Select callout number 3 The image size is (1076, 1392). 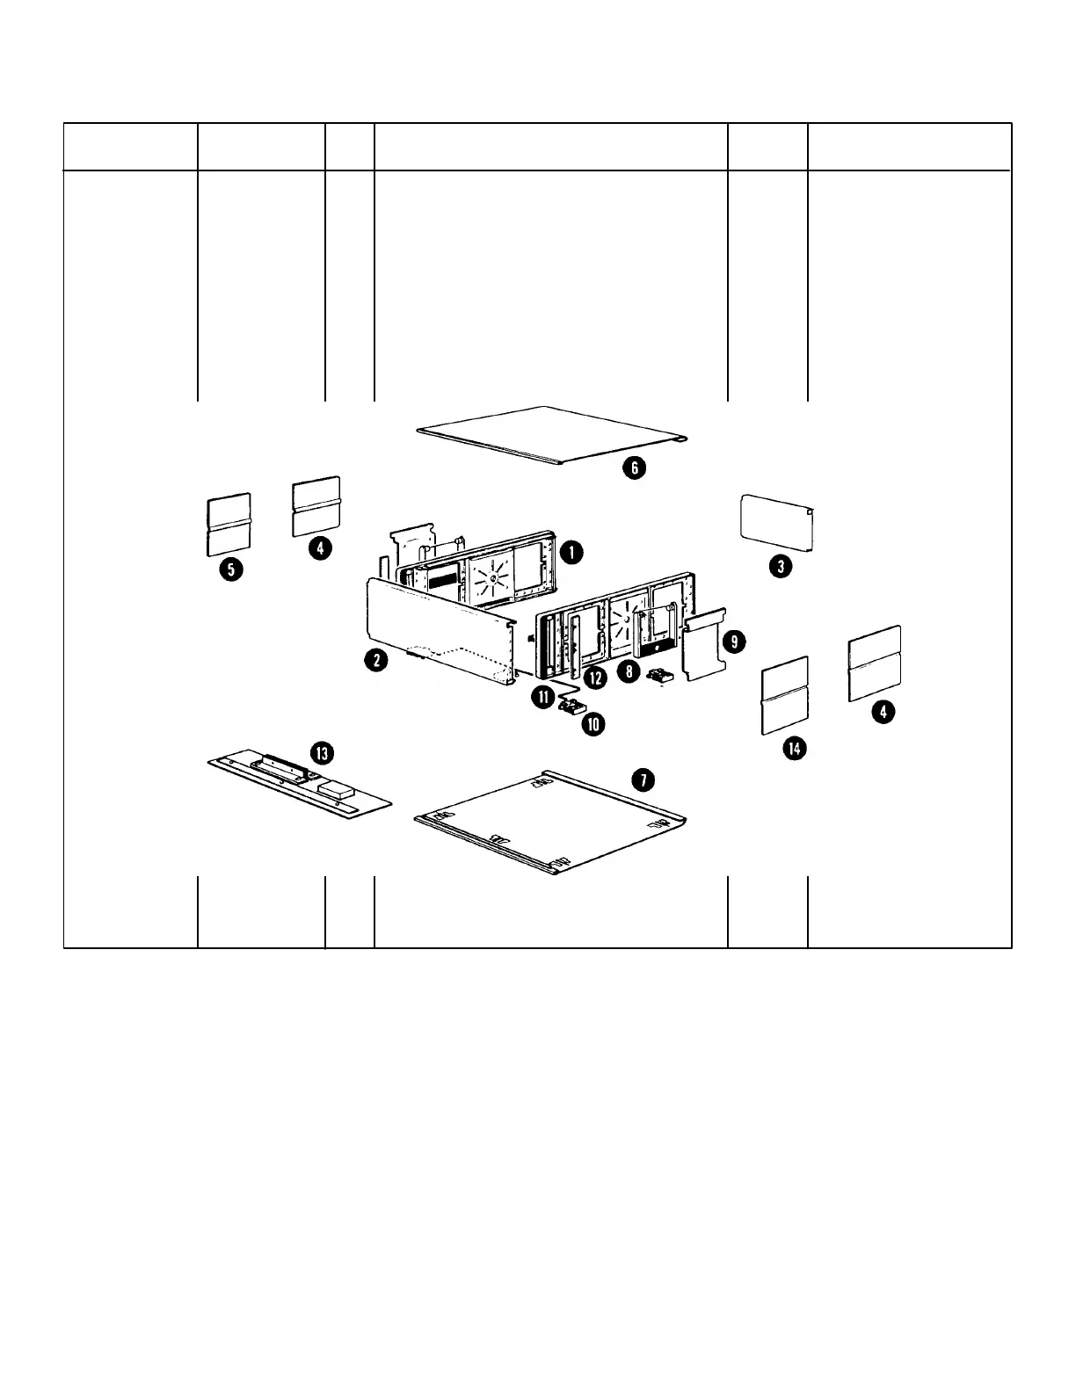(780, 566)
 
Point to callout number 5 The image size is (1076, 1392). (231, 569)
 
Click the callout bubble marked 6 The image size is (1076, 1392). (634, 468)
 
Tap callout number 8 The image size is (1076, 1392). (628, 671)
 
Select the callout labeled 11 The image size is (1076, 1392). (542, 696)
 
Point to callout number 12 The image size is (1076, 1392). (595, 678)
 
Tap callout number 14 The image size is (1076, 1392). (795, 748)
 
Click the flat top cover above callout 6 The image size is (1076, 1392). (552, 432)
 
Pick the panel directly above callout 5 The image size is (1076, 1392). (229, 525)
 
